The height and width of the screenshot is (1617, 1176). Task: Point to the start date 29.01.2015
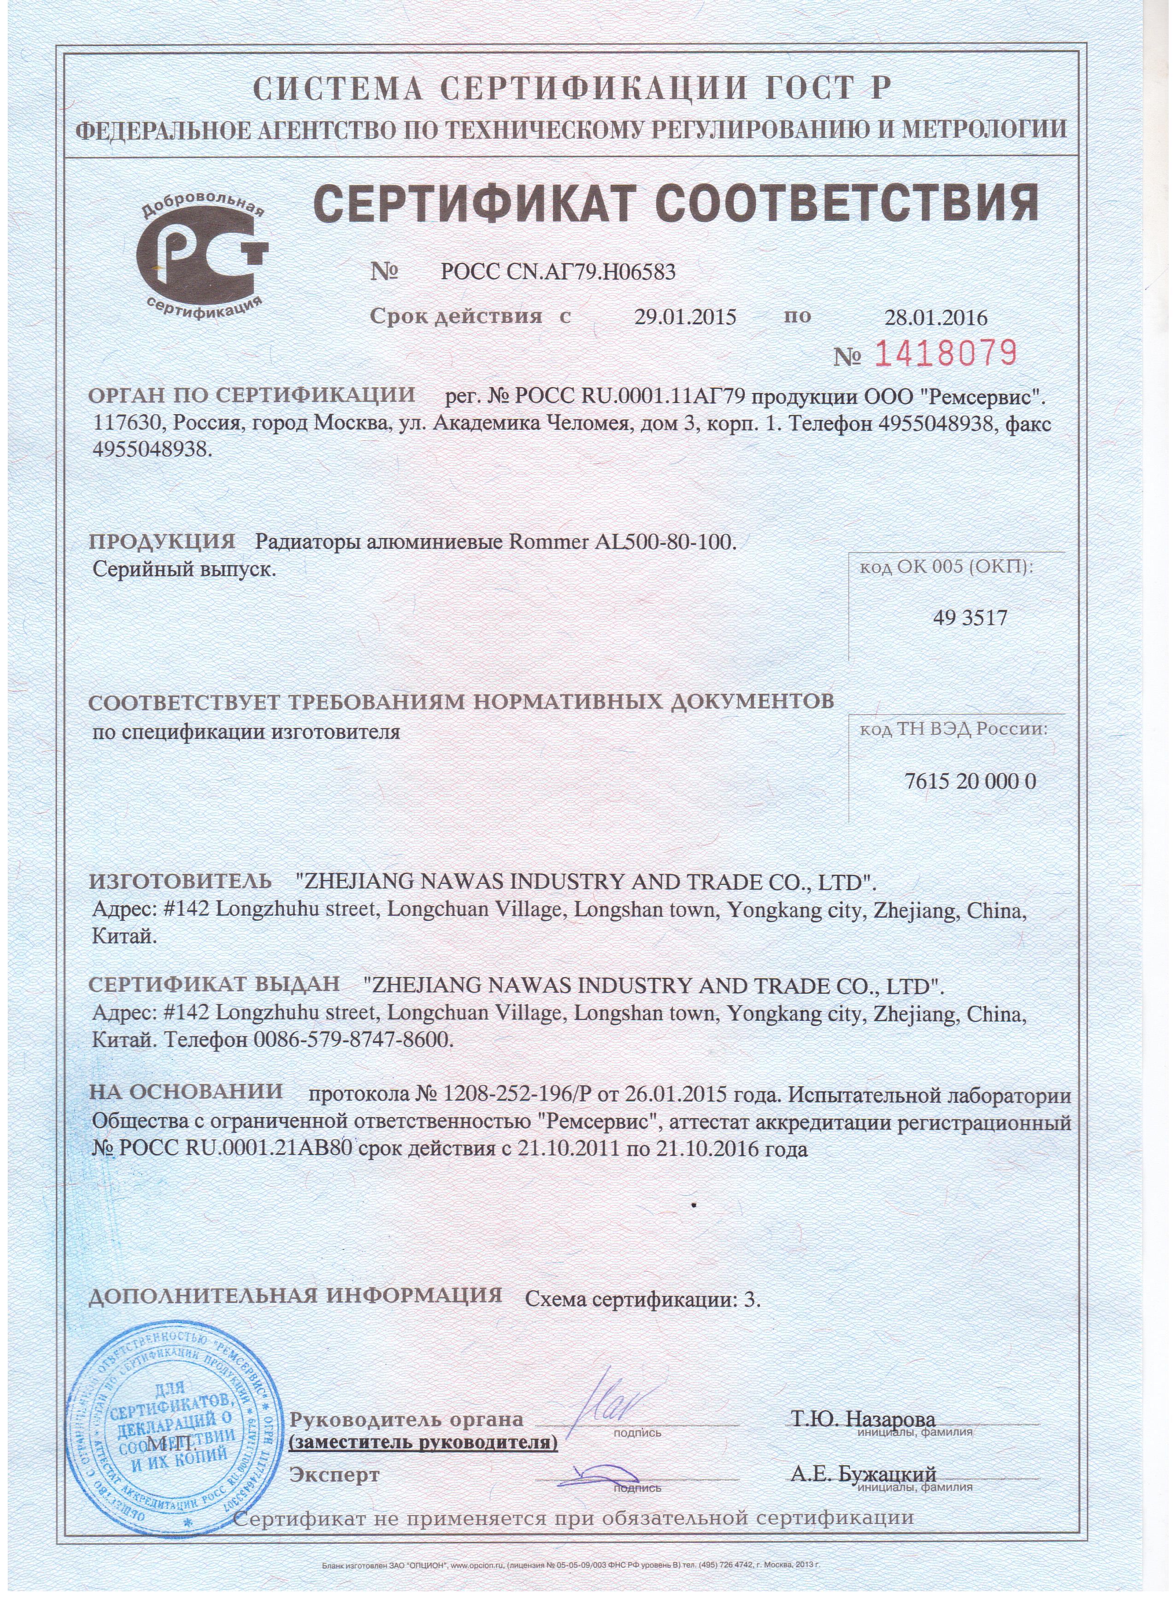pos(685,317)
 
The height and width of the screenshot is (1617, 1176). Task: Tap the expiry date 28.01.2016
pos(935,317)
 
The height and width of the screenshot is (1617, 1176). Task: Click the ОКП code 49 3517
pos(970,617)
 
